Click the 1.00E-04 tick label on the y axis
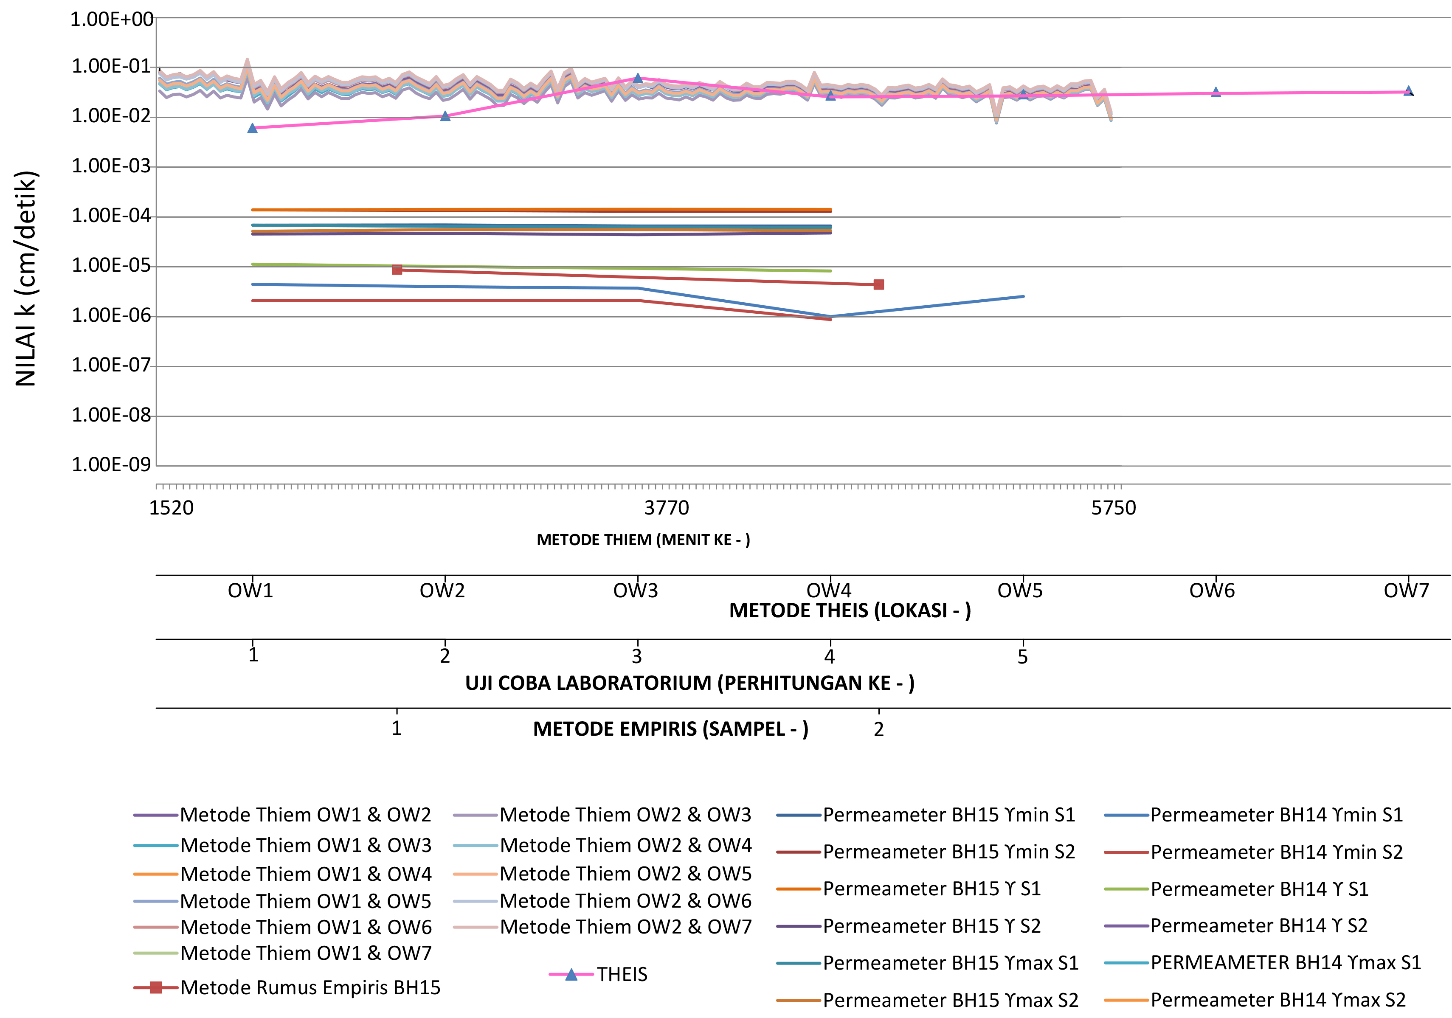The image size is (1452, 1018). [111, 216]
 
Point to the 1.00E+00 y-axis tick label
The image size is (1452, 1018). [111, 20]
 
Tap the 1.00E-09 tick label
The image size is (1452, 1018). [111, 465]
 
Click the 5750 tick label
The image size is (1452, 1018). [1113, 508]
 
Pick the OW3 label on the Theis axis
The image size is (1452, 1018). [636, 591]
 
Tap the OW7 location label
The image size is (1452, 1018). [1406, 591]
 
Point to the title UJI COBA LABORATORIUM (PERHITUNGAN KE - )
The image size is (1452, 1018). [689, 683]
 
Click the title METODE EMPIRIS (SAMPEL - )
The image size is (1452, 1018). [670, 729]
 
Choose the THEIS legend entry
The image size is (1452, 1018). [622, 974]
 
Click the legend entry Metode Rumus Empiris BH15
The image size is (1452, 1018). [310, 988]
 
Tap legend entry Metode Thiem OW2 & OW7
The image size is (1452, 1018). [625, 927]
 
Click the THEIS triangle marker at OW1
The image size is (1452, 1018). [252, 128]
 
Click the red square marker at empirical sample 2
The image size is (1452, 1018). [878, 284]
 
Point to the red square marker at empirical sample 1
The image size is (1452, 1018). [397, 270]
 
